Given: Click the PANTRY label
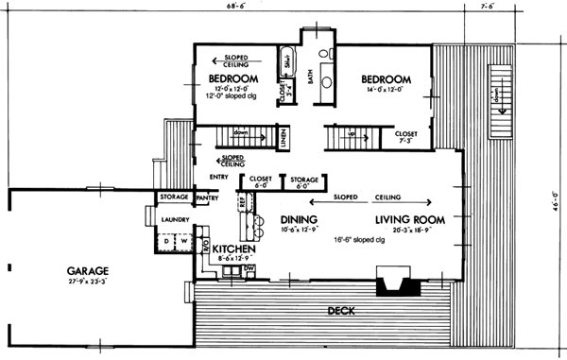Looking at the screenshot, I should pyautogui.click(x=207, y=198).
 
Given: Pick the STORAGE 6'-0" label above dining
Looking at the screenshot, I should pyautogui.click(x=303, y=182).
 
